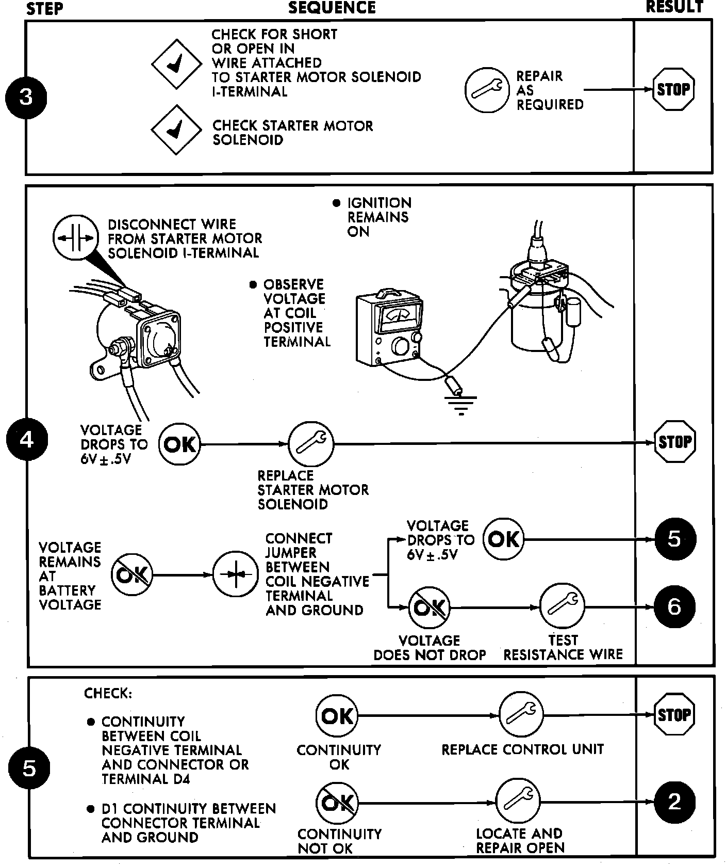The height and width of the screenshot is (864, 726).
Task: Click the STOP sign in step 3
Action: [x=673, y=90]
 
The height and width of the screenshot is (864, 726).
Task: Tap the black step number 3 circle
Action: [x=26, y=97]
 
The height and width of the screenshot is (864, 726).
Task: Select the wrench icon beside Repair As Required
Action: [x=487, y=90]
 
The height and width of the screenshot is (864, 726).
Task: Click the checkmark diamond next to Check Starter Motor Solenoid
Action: [x=176, y=130]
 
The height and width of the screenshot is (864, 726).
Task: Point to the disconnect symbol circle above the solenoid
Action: [x=76, y=238]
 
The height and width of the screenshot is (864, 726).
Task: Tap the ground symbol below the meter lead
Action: [x=460, y=402]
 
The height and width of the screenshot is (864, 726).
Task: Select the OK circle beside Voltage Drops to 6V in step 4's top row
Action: [x=179, y=444]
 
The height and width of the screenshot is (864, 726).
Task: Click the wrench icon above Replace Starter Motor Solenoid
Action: [x=311, y=443]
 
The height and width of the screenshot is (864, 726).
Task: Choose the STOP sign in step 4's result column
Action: [x=674, y=442]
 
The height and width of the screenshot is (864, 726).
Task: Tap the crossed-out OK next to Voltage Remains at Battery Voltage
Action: [x=132, y=574]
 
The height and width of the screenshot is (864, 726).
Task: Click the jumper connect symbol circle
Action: [x=236, y=574]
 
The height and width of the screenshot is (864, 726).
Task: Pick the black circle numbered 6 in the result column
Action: [x=674, y=607]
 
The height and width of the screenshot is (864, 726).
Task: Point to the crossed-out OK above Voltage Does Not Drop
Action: [x=429, y=607]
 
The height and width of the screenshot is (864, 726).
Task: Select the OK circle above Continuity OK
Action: [x=337, y=715]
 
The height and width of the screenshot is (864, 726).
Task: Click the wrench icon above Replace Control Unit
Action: [x=521, y=715]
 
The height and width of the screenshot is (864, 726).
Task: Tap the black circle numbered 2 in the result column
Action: [x=674, y=802]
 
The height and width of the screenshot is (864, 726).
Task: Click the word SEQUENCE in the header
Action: [x=332, y=8]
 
